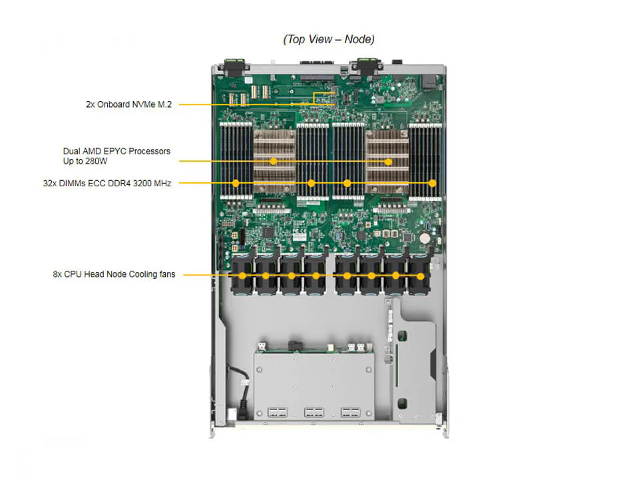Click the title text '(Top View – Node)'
(329, 39)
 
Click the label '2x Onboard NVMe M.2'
(128, 104)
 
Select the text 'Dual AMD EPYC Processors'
(116, 151)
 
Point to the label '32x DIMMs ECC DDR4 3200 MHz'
(106, 183)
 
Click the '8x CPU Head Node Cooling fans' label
(114, 274)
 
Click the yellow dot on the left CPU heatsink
(274, 161)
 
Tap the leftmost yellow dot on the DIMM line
(236, 183)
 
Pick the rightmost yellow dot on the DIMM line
(432, 183)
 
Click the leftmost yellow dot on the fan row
(242, 275)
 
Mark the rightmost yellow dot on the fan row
(421, 275)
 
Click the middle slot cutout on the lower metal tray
(314, 412)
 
